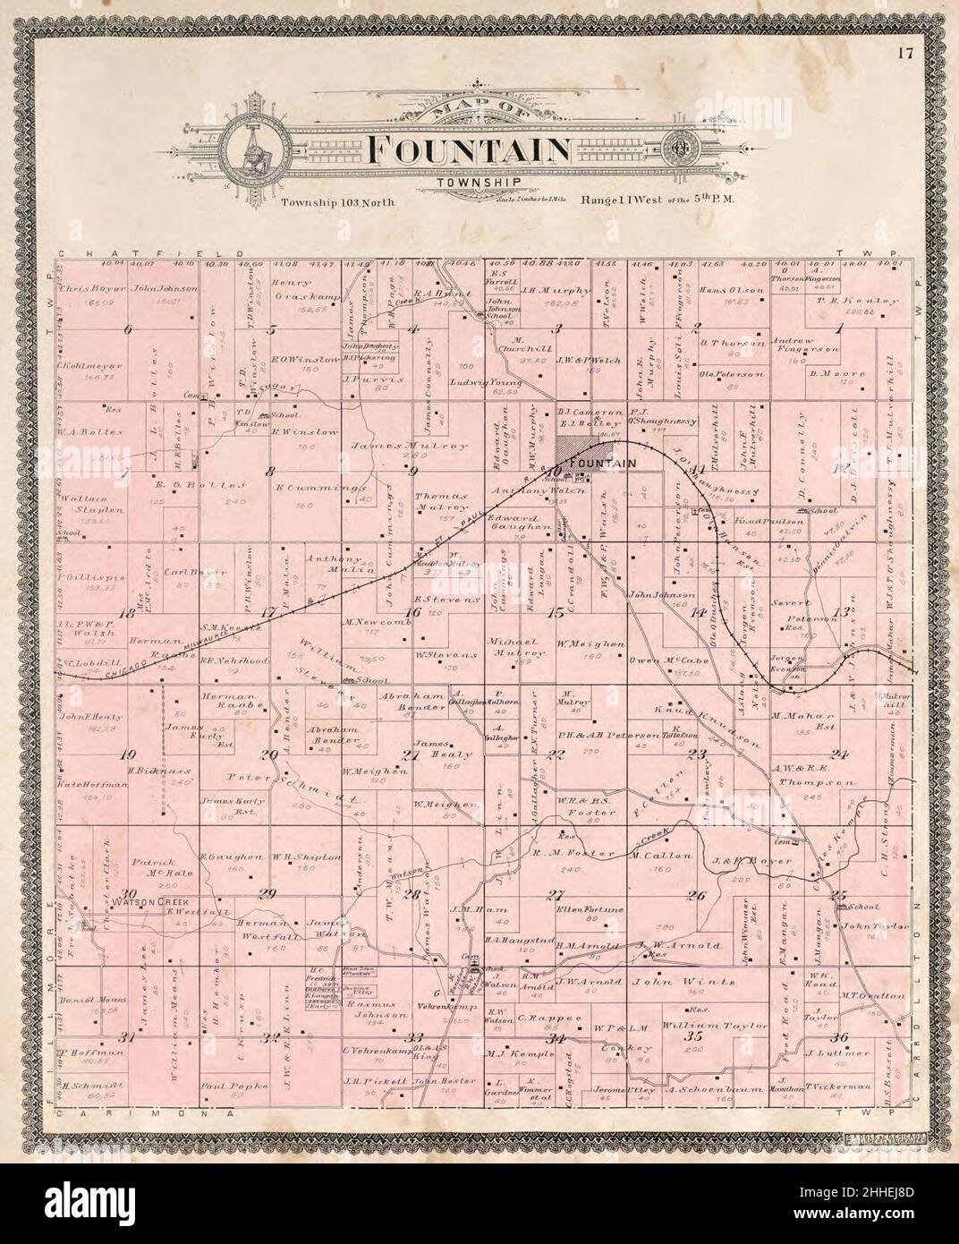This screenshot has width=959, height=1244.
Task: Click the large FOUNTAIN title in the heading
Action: click(x=469, y=150)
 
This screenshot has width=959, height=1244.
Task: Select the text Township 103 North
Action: click(x=337, y=202)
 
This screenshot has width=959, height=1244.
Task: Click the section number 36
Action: click(x=838, y=1037)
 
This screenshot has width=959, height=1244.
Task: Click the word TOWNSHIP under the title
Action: click(x=468, y=185)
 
